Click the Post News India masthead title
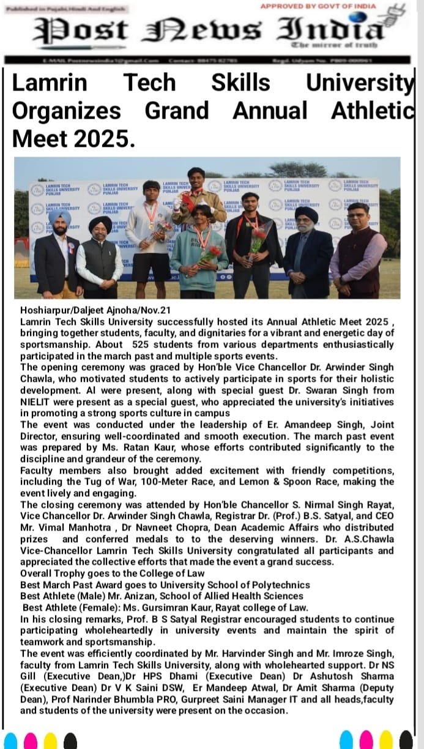point(208,29)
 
